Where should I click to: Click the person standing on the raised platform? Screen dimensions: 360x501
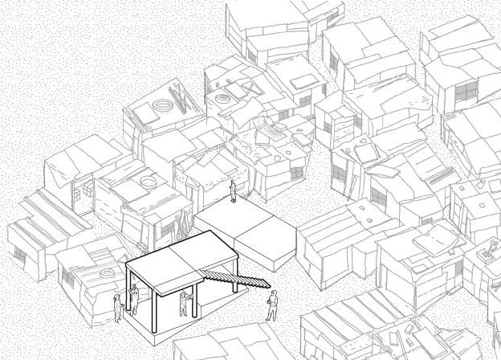[232, 190]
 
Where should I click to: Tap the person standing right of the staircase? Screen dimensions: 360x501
[272, 305]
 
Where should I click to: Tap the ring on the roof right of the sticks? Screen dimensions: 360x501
[222, 99]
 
